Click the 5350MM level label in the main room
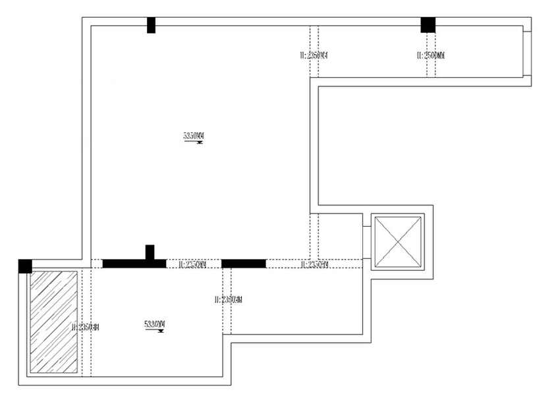[x=194, y=136]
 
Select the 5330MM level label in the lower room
[x=154, y=324]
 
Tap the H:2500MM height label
[x=431, y=56]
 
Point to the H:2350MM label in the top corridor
[x=314, y=55]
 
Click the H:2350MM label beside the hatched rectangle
[x=85, y=326]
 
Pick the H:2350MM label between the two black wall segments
[x=192, y=264]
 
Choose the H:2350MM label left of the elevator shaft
[x=314, y=264]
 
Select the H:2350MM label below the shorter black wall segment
[x=229, y=300]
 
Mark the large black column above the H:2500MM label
[x=428, y=24]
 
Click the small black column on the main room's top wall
[x=151, y=25]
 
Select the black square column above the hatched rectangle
[x=25, y=266]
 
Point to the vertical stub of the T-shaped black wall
[x=150, y=252]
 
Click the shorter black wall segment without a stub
[x=244, y=264]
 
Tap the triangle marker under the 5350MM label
[x=199, y=142]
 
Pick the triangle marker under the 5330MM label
[x=160, y=331]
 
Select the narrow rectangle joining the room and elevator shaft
[x=367, y=242]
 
